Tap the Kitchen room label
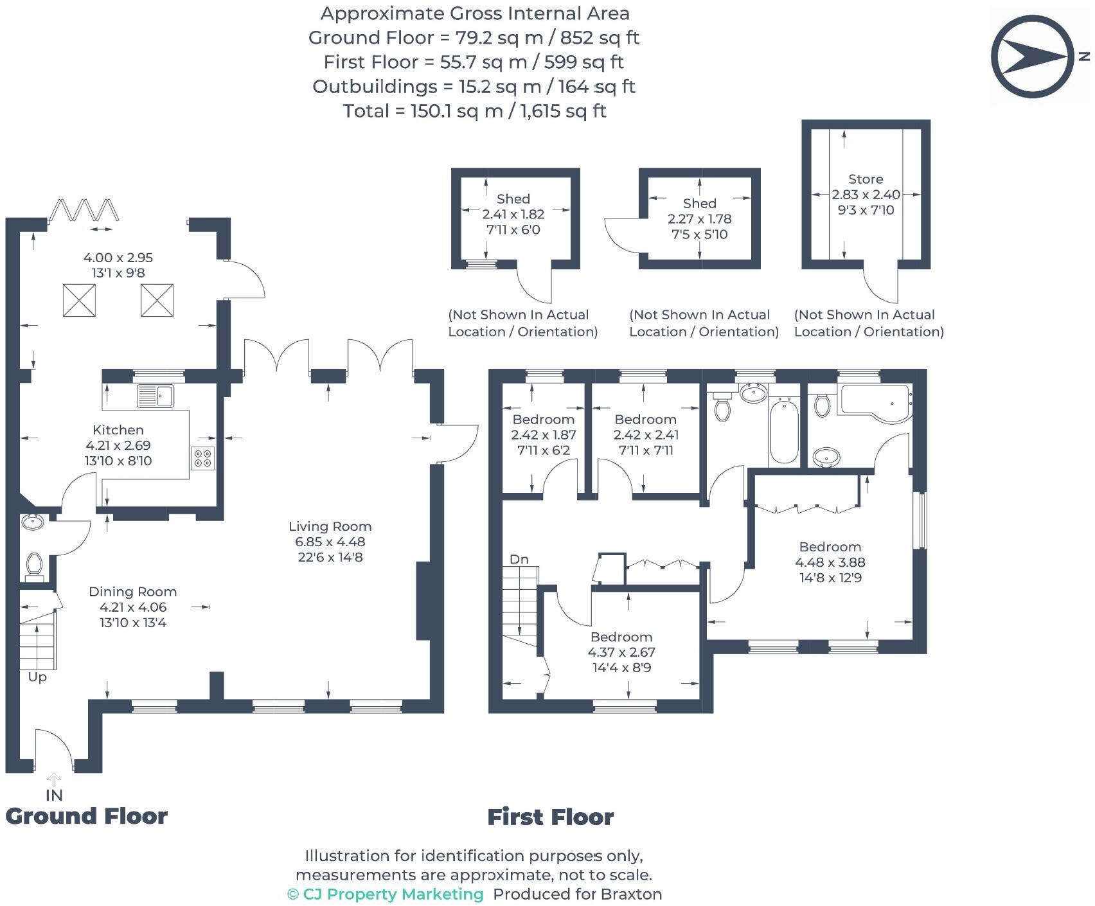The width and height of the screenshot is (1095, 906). click(118, 430)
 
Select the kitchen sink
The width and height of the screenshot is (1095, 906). click(155, 395)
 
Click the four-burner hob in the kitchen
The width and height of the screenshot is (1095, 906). click(202, 457)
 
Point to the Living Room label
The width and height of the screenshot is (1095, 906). click(330, 526)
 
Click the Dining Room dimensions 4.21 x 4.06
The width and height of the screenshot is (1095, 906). click(133, 607)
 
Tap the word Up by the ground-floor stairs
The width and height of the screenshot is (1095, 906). click(37, 677)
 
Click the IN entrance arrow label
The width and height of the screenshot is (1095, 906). click(54, 795)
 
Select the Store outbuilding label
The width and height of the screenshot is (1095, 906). click(866, 179)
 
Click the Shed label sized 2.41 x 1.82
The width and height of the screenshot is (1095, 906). click(513, 199)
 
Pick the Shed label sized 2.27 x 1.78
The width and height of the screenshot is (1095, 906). click(699, 203)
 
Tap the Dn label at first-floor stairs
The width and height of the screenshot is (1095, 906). click(519, 559)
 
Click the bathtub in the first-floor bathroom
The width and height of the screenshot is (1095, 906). click(783, 431)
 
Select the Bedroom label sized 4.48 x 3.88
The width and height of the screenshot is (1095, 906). click(830, 547)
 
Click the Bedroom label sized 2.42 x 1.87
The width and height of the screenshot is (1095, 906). click(543, 420)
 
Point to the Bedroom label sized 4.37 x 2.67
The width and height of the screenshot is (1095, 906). click(621, 637)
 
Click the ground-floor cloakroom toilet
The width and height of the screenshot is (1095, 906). click(34, 565)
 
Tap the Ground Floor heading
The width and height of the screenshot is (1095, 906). click(86, 816)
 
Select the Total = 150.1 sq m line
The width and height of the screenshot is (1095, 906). click(474, 111)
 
